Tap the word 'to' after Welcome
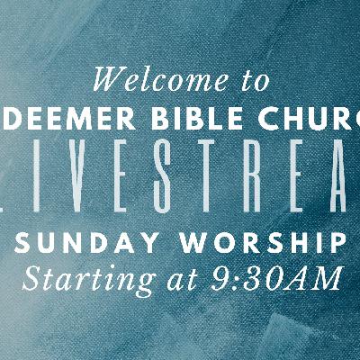[x=251, y=82]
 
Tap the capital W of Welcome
[x=111, y=80]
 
